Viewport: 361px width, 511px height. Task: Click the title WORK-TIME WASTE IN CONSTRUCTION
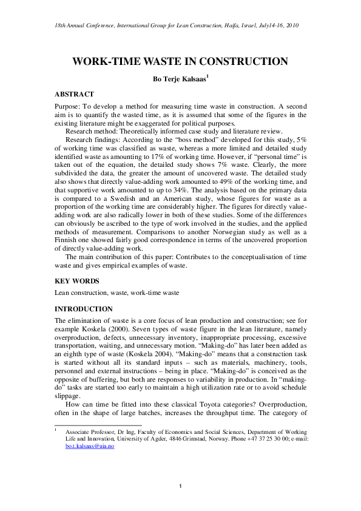pyautogui.click(x=180, y=61)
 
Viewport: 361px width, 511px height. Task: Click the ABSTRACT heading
pyautogui.click(x=74, y=94)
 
